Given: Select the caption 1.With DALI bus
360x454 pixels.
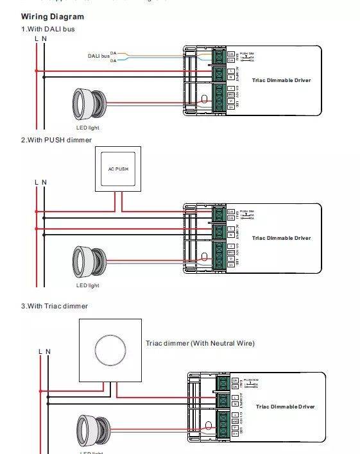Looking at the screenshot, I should tap(53, 29).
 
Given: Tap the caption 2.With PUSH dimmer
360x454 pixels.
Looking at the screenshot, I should tap(56, 140).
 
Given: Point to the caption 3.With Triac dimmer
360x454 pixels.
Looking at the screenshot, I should tap(55, 306).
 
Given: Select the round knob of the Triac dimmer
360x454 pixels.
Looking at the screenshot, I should tap(110, 349).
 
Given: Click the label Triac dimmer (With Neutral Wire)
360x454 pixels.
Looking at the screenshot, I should tap(200, 344).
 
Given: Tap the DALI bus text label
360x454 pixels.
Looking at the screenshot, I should tap(98, 56).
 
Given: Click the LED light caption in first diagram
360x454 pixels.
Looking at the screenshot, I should tap(88, 128).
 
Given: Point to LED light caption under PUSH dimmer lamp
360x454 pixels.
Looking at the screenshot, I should tap(88, 285).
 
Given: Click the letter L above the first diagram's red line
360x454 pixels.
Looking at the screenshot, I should tap(36, 39).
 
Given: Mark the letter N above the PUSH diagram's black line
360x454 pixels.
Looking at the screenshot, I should tap(44, 182).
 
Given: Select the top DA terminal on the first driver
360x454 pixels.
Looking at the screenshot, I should tap(221, 53).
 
